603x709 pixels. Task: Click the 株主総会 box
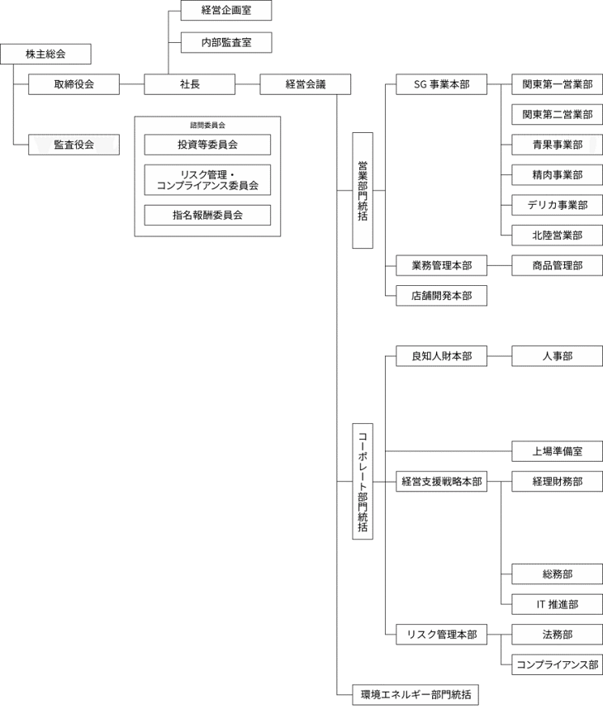pyautogui.click(x=45, y=55)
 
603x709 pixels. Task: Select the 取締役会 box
pyautogui.click(x=74, y=84)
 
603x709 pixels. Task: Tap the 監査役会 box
pyautogui.click(x=74, y=145)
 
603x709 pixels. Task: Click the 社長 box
pyautogui.click(x=189, y=84)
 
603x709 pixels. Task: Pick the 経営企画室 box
pyautogui.click(x=226, y=11)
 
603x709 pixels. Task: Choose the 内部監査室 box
pyautogui.click(x=226, y=42)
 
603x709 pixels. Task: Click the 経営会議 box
pyautogui.click(x=305, y=84)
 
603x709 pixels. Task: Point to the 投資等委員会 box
pyautogui.click(x=207, y=145)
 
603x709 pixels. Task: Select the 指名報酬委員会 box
pyautogui.click(x=207, y=215)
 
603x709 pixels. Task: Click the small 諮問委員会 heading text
pyautogui.click(x=207, y=125)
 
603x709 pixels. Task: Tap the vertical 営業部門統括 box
pyautogui.click(x=362, y=190)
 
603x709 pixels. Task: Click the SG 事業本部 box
pyautogui.click(x=441, y=84)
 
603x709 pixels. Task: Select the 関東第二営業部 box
pyautogui.click(x=557, y=115)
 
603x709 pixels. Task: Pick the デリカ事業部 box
pyautogui.click(x=557, y=205)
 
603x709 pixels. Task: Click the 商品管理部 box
pyautogui.click(x=557, y=265)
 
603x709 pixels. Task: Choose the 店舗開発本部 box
pyautogui.click(x=441, y=296)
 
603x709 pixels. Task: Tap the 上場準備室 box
pyautogui.click(x=557, y=451)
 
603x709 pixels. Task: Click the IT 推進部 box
pyautogui.click(x=557, y=604)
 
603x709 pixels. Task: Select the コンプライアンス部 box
pyautogui.click(x=557, y=664)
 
